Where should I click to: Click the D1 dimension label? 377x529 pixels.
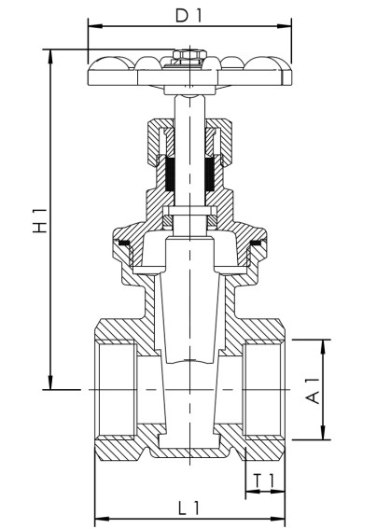click(x=188, y=15)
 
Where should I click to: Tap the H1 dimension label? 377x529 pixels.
click(x=40, y=221)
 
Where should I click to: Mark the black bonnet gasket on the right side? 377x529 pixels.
click(x=256, y=244)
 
